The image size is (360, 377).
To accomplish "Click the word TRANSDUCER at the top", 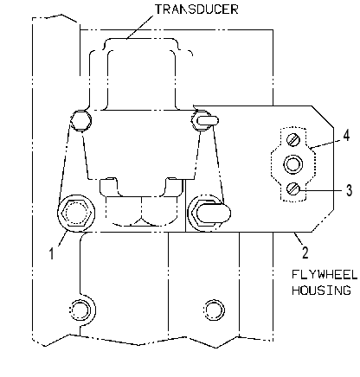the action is click(x=196, y=10).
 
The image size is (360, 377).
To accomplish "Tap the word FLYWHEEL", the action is click(x=325, y=274).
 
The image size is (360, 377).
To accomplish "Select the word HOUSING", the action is click(x=321, y=290).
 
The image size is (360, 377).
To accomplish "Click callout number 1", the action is click(x=51, y=254).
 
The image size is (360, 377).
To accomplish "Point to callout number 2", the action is click(x=305, y=252).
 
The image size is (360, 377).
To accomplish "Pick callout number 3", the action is click(x=349, y=190).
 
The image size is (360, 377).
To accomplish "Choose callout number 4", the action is click(x=346, y=135).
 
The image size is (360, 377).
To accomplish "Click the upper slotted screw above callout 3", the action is click(x=293, y=140).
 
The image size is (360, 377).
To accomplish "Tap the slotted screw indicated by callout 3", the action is click(x=293, y=189).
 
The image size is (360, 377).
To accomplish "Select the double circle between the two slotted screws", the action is click(x=293, y=164).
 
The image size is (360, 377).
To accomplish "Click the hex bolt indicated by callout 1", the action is click(x=76, y=213).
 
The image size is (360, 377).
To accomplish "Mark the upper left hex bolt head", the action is click(x=81, y=120).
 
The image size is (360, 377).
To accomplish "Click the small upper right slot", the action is click(x=209, y=120).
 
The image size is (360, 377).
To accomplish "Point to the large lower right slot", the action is click(x=214, y=214).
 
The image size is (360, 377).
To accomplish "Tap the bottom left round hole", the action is click(x=80, y=310).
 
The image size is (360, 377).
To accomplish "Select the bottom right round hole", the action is click(x=214, y=310).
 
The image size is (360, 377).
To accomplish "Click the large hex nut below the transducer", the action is click(x=141, y=211).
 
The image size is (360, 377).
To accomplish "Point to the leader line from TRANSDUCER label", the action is click(x=140, y=27).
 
